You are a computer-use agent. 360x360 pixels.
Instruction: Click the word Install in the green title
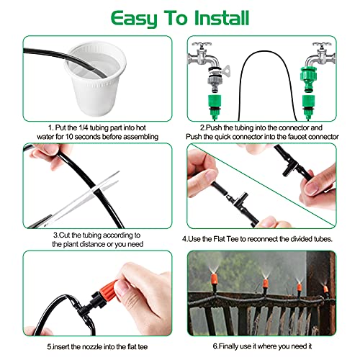point(222,18)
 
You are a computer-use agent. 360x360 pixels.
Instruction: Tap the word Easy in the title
point(134,19)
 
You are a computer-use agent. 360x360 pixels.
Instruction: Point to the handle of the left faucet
point(201,45)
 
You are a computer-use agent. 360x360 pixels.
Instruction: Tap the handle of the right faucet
point(321,45)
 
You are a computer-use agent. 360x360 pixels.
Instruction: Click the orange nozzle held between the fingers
point(105,289)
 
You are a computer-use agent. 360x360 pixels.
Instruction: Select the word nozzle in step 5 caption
point(93,347)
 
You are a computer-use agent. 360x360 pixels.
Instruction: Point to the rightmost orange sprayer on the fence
point(325,290)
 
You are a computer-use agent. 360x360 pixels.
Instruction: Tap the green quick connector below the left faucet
point(215,105)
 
